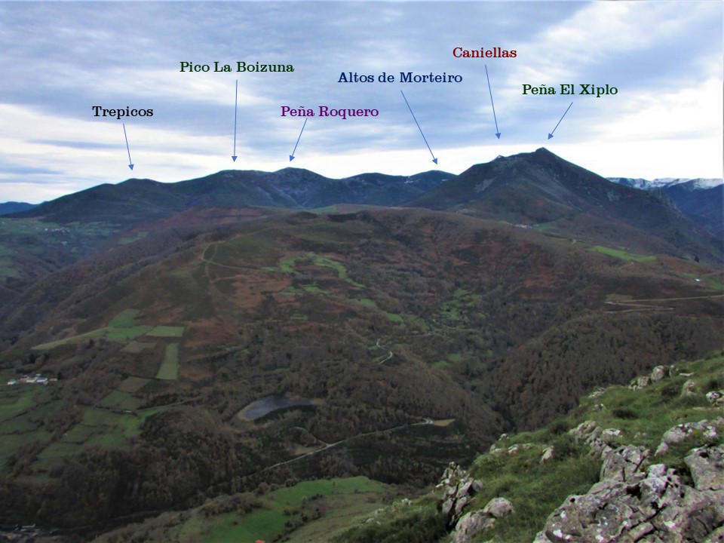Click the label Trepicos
point(122,112)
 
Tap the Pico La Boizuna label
point(236,67)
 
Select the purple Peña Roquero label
point(330,112)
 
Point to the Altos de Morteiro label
point(400,78)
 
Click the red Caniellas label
point(484,53)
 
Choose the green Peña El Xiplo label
point(569,90)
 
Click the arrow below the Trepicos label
point(127,146)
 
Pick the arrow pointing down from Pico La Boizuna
point(235,121)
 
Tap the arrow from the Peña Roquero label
point(299,140)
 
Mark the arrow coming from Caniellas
point(492,102)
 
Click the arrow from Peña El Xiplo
point(560,121)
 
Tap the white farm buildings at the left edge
point(30,379)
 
